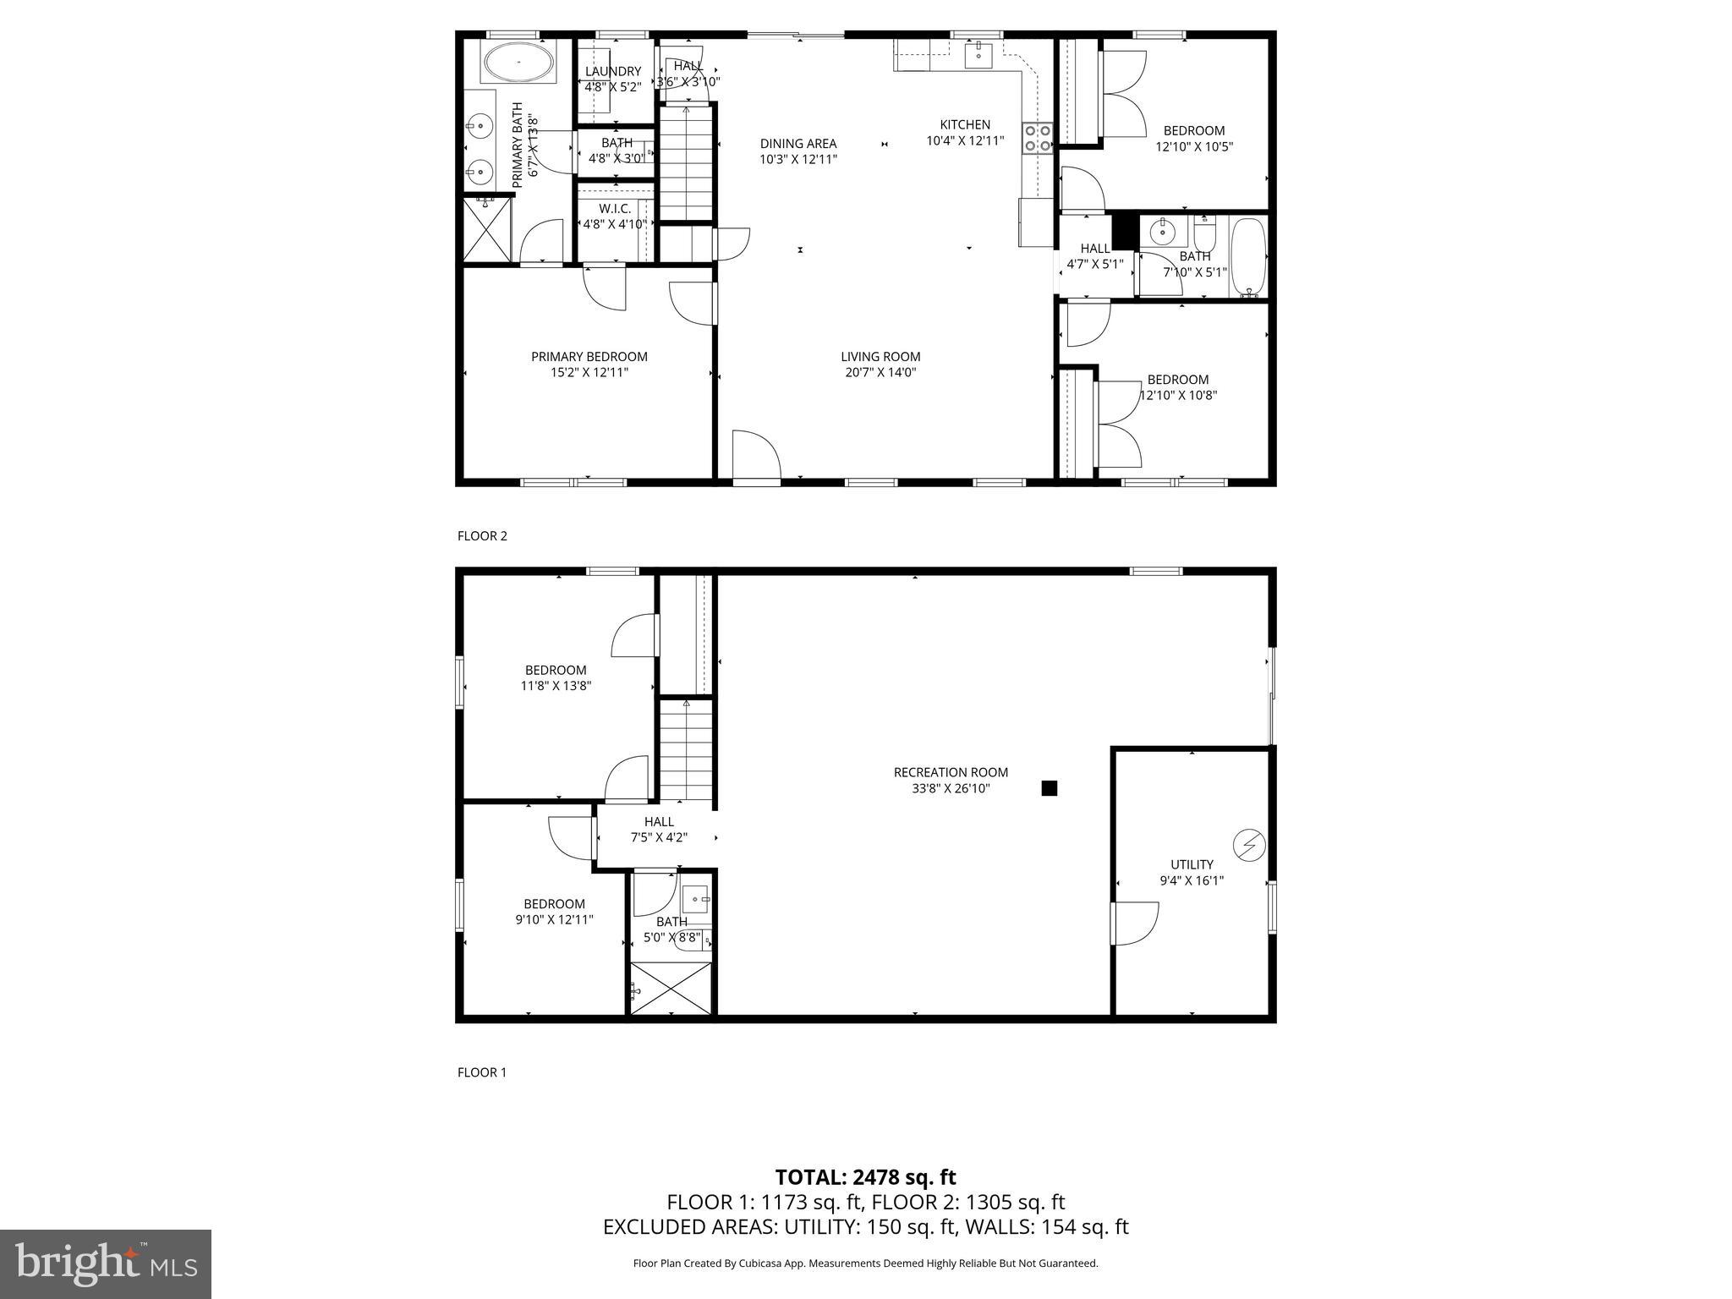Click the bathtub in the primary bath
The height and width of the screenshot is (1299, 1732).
[x=518, y=63]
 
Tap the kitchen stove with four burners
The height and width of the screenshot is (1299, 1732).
[x=1038, y=138]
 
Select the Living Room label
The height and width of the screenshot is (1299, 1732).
[x=880, y=357]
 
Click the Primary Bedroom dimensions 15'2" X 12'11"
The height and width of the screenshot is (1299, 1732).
[x=589, y=372]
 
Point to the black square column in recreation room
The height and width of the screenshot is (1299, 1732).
[x=1049, y=788]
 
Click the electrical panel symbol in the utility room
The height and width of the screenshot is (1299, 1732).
[x=1248, y=845]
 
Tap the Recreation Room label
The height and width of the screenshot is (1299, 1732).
[x=951, y=772]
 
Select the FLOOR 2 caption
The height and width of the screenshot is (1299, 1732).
[x=482, y=535]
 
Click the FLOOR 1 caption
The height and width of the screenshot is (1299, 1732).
[x=482, y=1072]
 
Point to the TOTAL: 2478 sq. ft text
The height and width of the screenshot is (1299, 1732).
[x=865, y=1177]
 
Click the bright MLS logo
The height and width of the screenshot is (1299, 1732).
[x=106, y=1264]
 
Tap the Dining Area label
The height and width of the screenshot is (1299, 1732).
[x=797, y=144]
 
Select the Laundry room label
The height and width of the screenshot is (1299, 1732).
[x=613, y=72]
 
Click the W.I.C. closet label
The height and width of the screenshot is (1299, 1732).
[x=615, y=209]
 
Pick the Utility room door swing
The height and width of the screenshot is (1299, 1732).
[x=1135, y=924]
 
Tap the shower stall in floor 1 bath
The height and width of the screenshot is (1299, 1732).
[x=672, y=988]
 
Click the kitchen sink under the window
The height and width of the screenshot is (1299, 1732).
[x=978, y=55]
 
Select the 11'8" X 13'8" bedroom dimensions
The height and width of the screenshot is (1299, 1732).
[x=556, y=686]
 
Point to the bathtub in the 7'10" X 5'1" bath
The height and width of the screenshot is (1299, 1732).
[x=1247, y=255]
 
